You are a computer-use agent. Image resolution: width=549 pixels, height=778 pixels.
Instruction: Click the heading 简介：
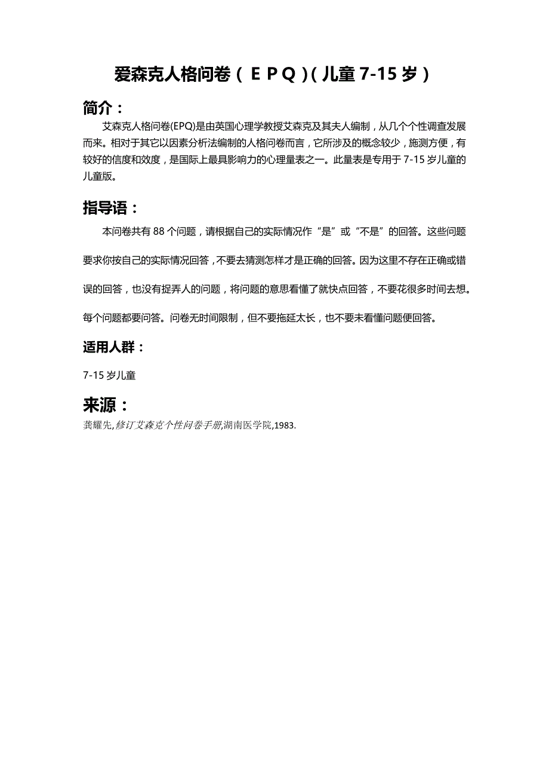click(x=104, y=108)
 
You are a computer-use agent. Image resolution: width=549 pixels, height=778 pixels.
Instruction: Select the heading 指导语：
click(x=111, y=208)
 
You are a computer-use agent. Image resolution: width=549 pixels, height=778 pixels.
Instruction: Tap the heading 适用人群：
click(x=114, y=347)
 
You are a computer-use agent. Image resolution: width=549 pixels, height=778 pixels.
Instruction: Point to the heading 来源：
click(x=106, y=405)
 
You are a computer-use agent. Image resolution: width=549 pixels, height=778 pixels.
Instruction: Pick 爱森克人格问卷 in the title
click(x=172, y=75)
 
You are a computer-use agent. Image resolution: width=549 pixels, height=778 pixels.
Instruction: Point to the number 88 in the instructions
click(x=159, y=232)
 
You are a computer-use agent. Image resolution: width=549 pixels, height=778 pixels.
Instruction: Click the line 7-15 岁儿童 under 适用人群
click(x=110, y=375)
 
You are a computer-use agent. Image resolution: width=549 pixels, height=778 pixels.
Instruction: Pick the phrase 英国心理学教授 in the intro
click(x=246, y=127)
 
